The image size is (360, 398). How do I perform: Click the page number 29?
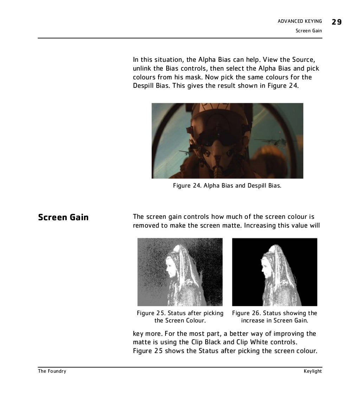(336, 22)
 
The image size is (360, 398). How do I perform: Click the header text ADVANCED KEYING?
(300, 22)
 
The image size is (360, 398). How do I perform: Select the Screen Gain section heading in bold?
(63, 217)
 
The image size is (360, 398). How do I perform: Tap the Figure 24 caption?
(227, 185)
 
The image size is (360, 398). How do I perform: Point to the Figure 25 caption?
(180, 317)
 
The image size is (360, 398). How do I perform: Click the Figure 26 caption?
(275, 317)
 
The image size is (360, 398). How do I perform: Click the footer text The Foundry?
(52, 371)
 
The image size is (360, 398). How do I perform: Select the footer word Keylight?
(313, 371)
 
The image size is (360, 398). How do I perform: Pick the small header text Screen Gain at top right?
(309, 31)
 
